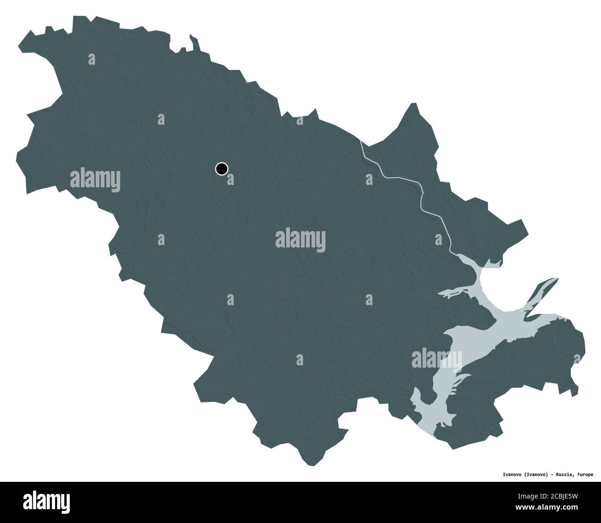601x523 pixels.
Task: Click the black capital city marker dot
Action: click(x=222, y=168)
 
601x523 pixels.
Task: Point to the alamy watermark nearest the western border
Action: click(x=95, y=180)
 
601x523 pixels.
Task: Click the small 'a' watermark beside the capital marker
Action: click(x=230, y=178)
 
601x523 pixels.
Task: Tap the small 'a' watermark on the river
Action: click(x=369, y=178)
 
